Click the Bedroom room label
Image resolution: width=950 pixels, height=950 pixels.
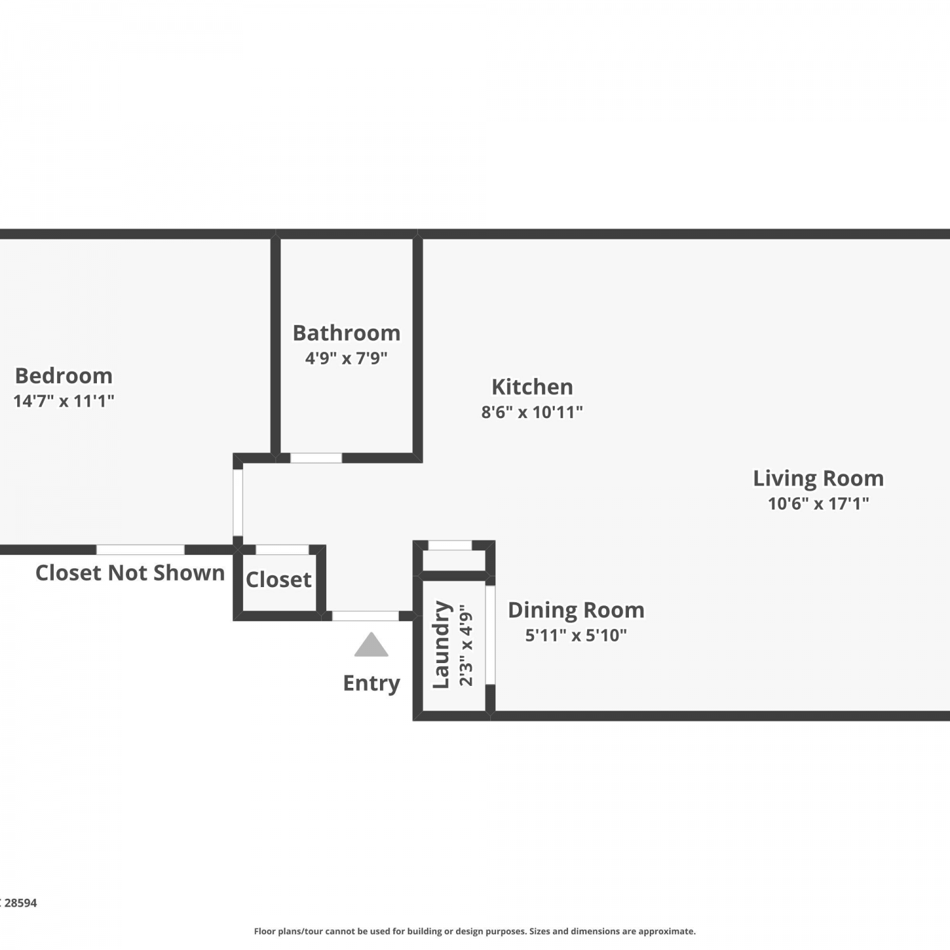(64, 376)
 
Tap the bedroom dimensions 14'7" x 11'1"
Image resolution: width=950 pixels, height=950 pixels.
(64, 401)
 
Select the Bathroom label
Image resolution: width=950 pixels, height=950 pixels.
(346, 332)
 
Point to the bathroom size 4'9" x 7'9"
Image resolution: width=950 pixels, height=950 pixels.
(346, 358)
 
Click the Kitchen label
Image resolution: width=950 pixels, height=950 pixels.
(532, 386)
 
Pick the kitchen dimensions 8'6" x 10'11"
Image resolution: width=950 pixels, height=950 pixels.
(532, 412)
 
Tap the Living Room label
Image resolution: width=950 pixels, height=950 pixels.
(818, 478)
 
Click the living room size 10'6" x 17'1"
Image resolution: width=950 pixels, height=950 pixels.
(818, 503)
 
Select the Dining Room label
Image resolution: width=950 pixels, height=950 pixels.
(576, 610)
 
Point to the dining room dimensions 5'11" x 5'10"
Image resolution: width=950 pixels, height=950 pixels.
(576, 635)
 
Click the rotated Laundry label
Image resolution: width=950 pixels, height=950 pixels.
(441, 645)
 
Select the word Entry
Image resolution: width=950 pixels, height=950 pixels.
(372, 683)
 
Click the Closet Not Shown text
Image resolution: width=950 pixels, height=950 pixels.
(130, 573)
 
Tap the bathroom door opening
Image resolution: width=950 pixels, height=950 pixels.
(316, 458)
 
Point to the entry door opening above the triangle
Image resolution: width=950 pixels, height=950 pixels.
(365, 616)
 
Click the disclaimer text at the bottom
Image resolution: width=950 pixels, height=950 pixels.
(475, 931)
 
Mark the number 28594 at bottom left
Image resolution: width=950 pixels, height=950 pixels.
(21, 903)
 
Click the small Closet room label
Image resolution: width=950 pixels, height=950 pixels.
(279, 579)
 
